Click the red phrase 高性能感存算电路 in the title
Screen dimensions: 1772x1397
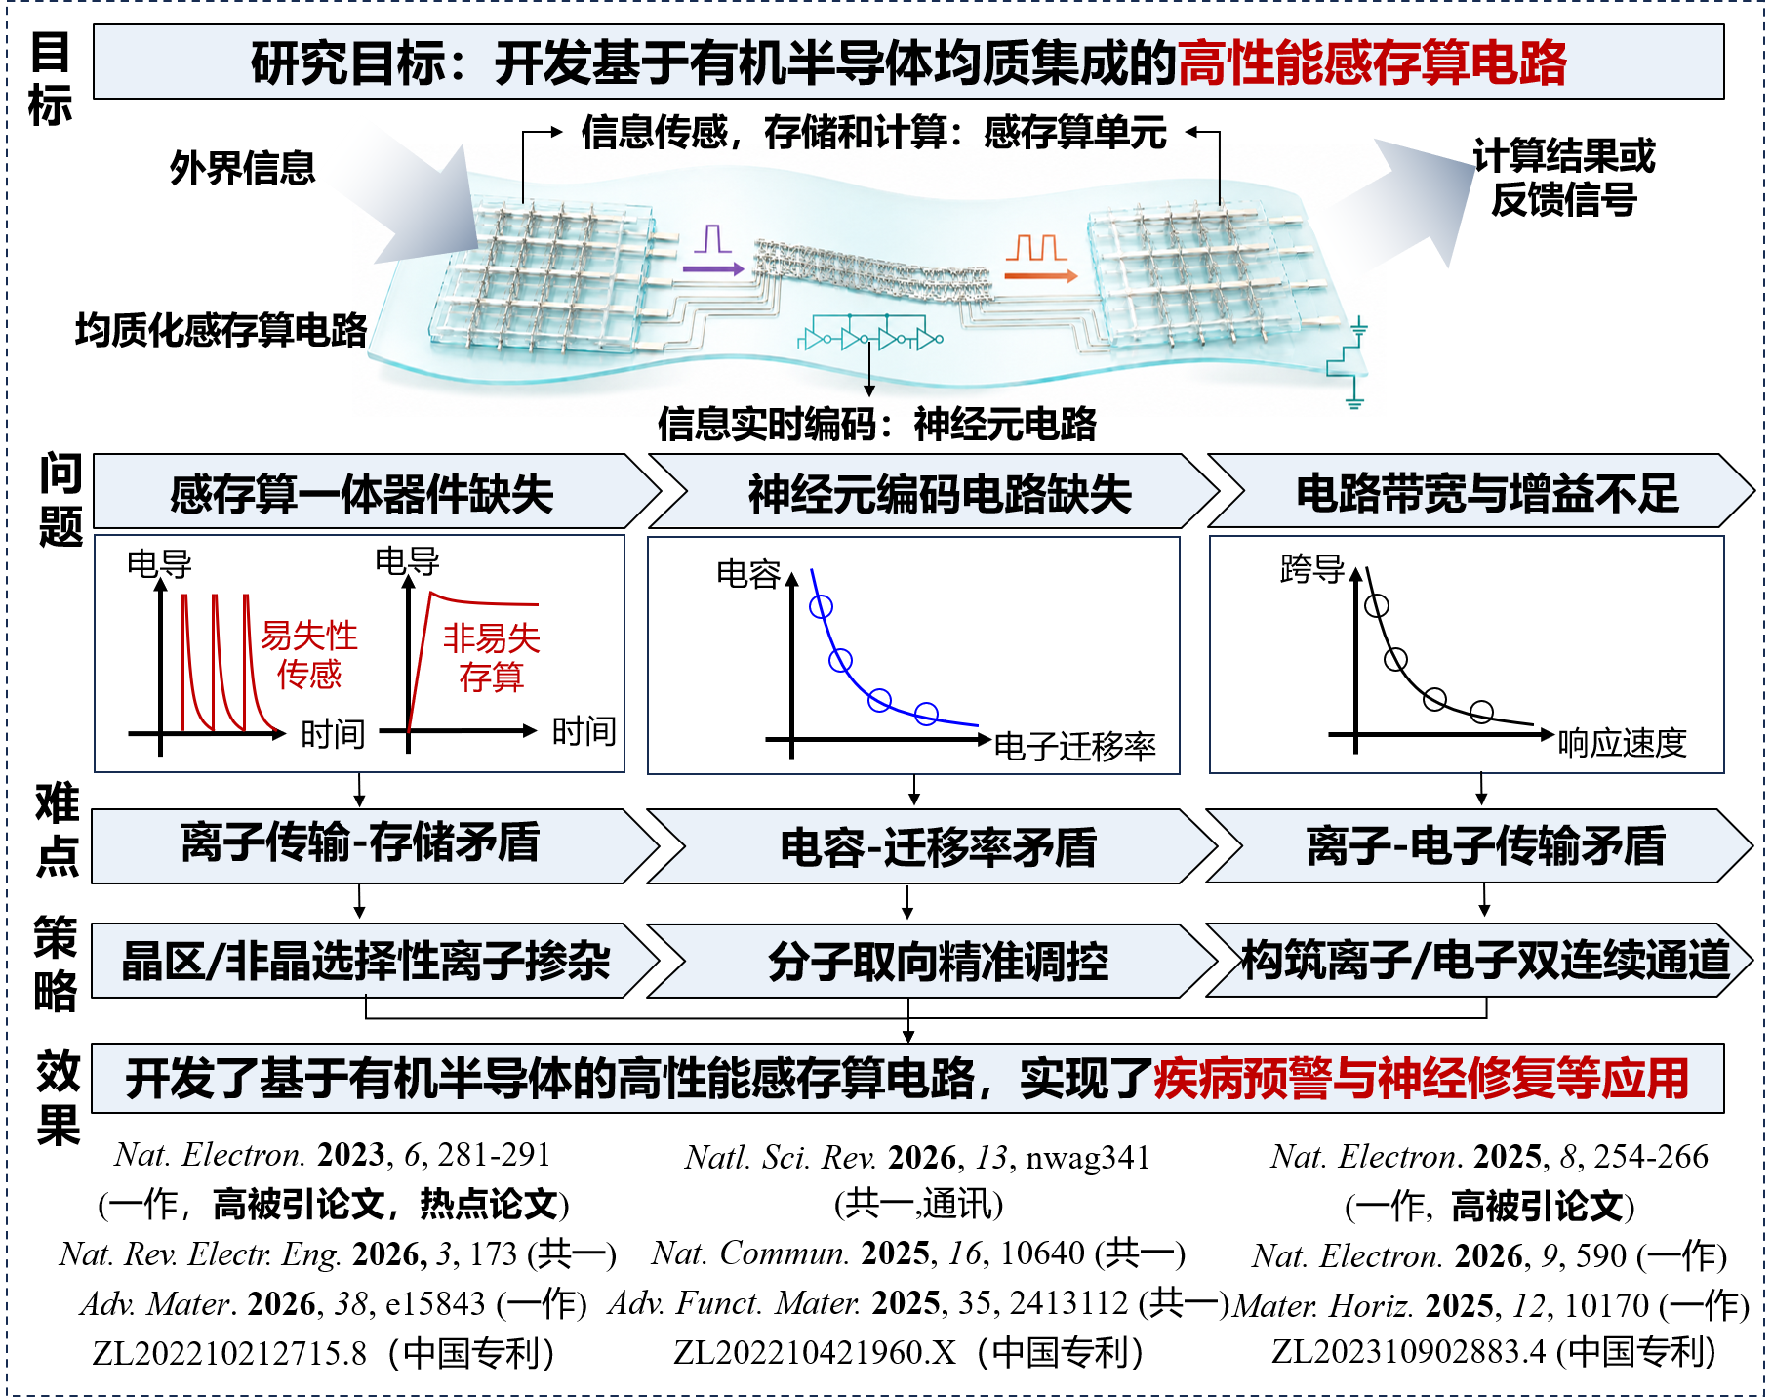tap(1372, 63)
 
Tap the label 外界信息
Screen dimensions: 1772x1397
tap(243, 168)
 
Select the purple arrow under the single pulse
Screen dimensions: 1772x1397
tap(713, 268)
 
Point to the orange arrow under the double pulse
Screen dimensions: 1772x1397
tap(1041, 276)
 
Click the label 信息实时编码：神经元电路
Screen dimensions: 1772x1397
tap(877, 425)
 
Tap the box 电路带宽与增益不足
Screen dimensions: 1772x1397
tap(1481, 492)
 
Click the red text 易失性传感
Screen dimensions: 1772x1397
tap(309, 655)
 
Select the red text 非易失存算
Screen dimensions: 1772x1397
tap(492, 658)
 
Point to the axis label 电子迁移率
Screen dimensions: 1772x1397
tap(1075, 747)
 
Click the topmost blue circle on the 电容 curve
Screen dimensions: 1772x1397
tap(822, 607)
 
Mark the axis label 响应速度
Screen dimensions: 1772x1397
tap(1622, 743)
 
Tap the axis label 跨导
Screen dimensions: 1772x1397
tap(1312, 569)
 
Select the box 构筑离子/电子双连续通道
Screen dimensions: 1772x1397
tap(1480, 960)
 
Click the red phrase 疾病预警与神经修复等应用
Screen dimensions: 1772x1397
tap(1422, 1079)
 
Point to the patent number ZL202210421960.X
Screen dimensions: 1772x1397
tap(815, 1353)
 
